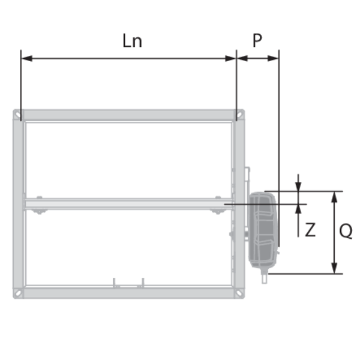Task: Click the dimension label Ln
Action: click(x=132, y=41)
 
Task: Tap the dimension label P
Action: click(x=257, y=40)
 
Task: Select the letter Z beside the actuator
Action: click(x=310, y=230)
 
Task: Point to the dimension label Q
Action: click(x=346, y=231)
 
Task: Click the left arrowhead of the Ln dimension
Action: click(x=26, y=59)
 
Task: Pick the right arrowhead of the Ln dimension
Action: click(x=231, y=59)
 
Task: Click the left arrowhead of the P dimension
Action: click(x=242, y=59)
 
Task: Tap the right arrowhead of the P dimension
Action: click(x=273, y=59)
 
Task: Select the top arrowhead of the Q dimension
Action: click(x=335, y=197)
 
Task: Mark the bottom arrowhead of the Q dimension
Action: click(x=335, y=268)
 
